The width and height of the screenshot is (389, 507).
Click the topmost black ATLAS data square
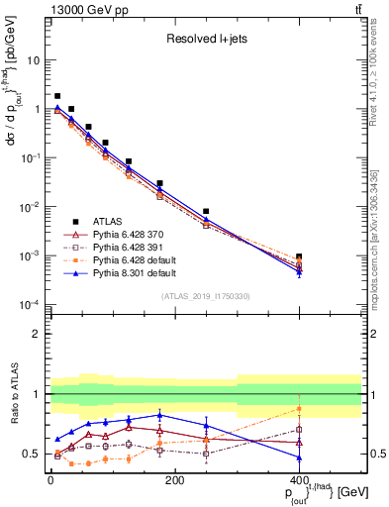(57, 96)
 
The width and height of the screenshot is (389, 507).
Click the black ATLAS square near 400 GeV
(299, 257)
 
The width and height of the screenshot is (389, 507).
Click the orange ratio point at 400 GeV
(299, 409)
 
